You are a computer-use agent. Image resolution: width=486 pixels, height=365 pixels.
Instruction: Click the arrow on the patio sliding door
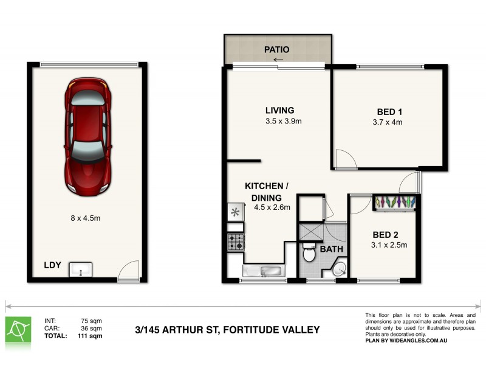(x=279, y=60)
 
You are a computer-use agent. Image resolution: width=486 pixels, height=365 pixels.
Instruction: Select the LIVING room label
(x=279, y=111)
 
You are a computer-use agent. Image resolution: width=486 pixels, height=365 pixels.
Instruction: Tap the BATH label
(x=332, y=250)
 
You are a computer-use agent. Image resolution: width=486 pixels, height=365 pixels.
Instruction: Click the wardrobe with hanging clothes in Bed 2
(x=395, y=202)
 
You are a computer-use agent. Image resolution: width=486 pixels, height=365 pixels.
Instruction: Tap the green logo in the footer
(x=18, y=329)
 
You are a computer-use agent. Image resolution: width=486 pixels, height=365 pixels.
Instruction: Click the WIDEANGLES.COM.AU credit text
(x=430, y=341)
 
